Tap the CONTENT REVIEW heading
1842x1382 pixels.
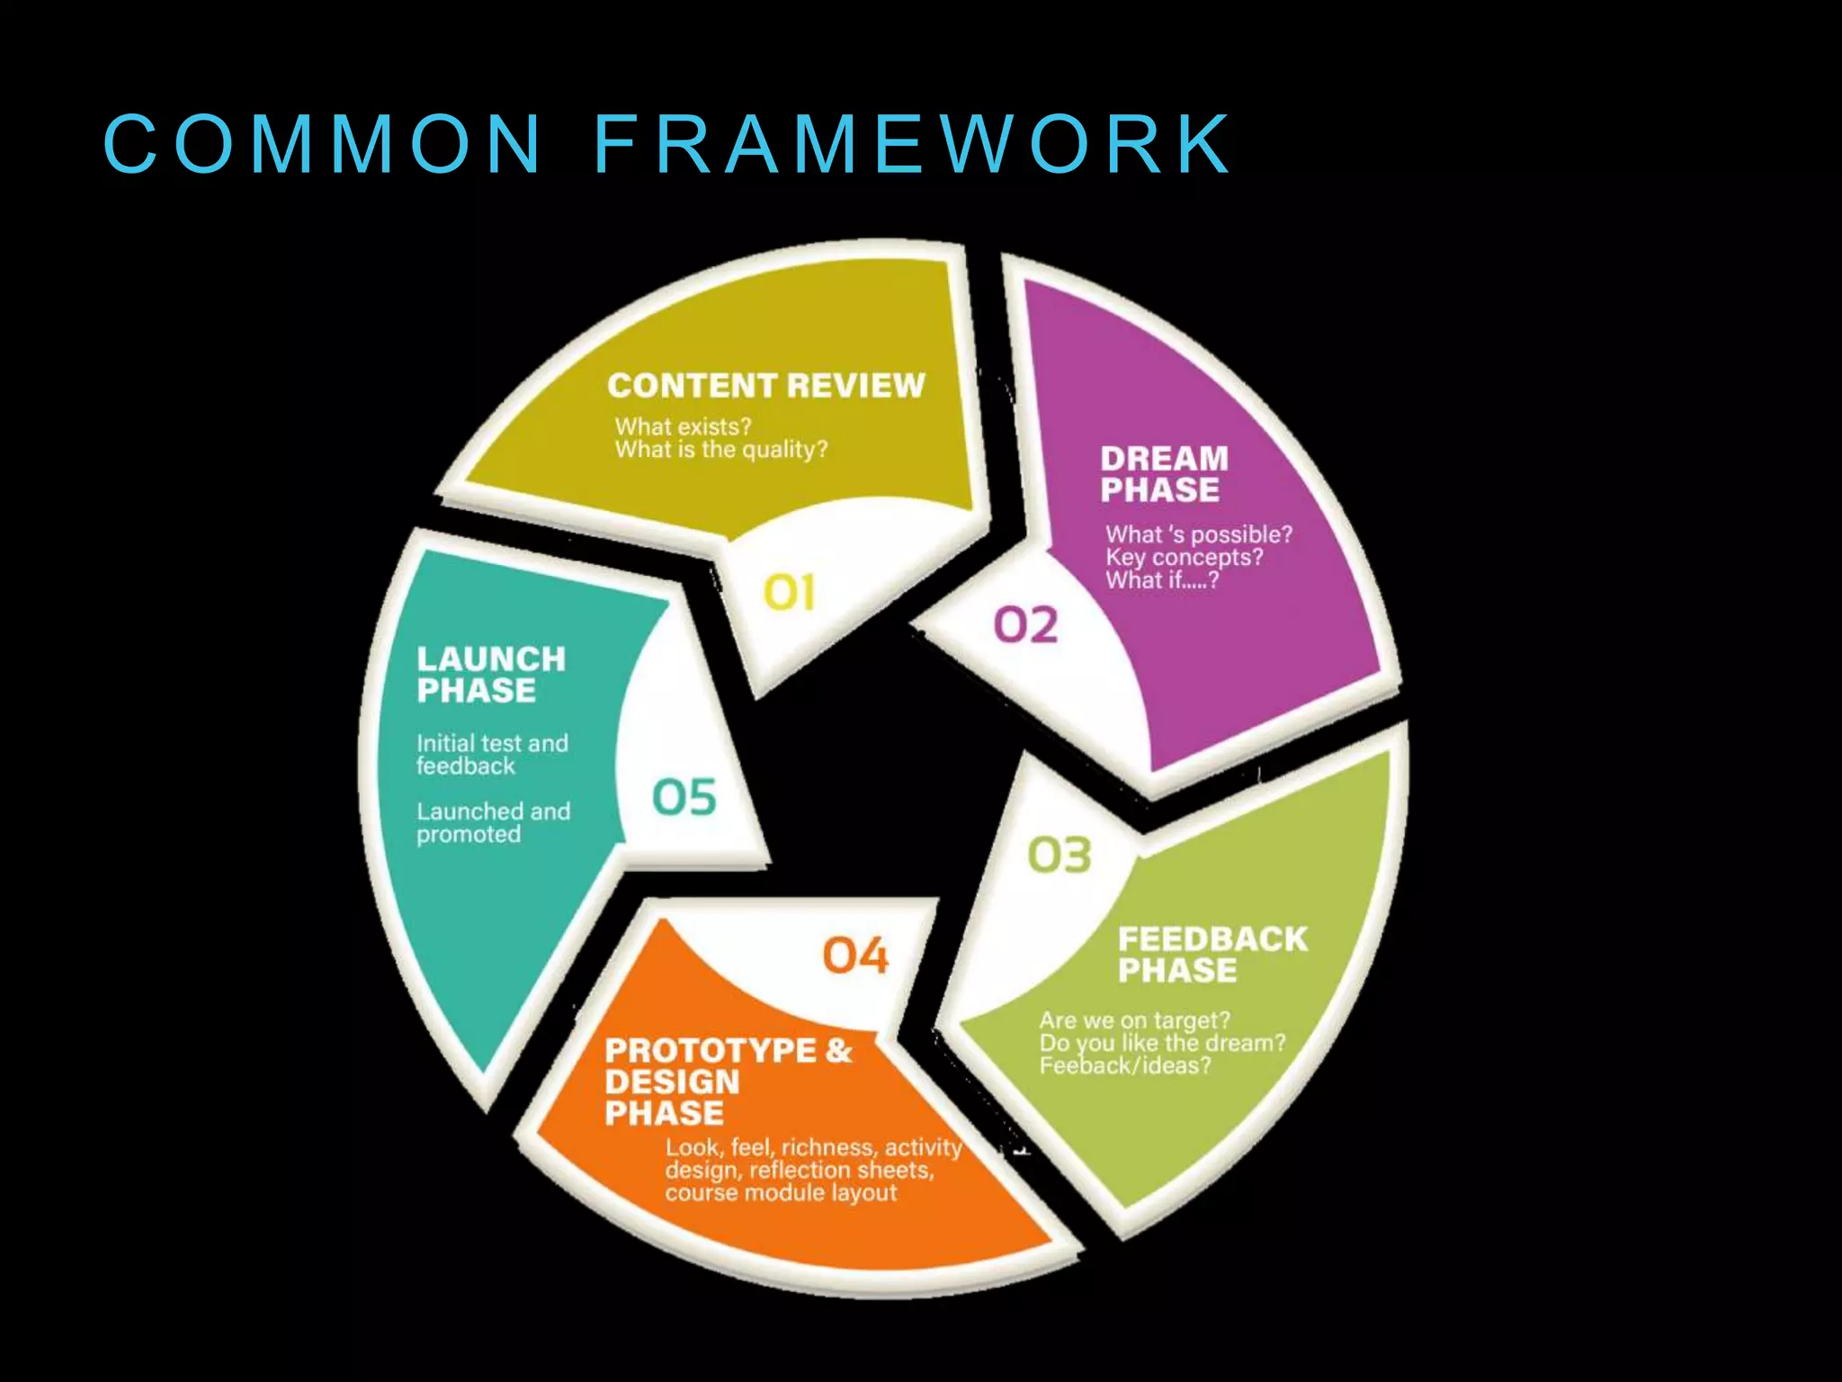(x=765, y=386)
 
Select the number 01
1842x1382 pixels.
(x=789, y=594)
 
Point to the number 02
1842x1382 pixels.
(x=1025, y=625)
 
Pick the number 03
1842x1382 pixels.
(x=1059, y=856)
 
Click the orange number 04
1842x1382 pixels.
(x=855, y=956)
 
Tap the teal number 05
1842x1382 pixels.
(x=684, y=797)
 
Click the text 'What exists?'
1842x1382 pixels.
(x=683, y=426)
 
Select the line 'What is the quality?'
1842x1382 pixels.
(x=721, y=449)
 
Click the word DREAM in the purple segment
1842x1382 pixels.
(x=1164, y=459)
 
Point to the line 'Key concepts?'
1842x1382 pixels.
(x=1184, y=558)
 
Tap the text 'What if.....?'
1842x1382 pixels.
(x=1162, y=580)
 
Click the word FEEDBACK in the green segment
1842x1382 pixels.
(x=1212, y=939)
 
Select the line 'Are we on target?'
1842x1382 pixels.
(x=1134, y=1020)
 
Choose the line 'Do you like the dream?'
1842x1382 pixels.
(x=1162, y=1043)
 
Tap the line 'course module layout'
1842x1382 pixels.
(x=781, y=1193)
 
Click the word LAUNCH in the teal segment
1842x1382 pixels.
(x=491, y=660)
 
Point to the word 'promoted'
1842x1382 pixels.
(x=469, y=835)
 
